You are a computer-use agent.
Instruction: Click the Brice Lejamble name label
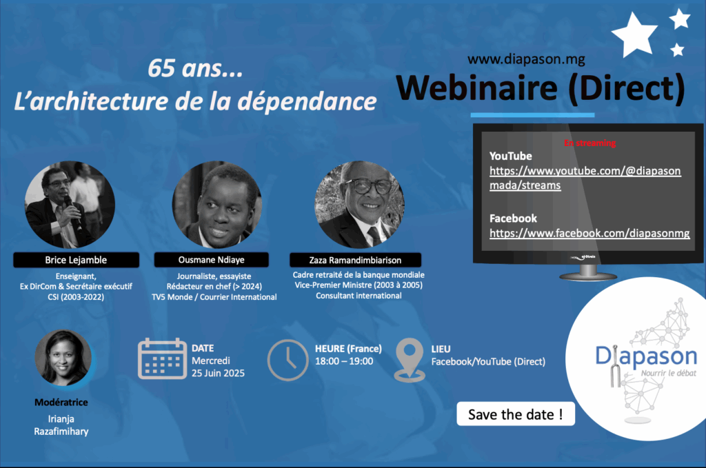click(76, 260)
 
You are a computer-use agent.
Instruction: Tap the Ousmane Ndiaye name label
click(211, 260)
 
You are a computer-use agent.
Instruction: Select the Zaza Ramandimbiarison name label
click(355, 260)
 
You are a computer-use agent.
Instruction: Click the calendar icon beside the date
click(162, 358)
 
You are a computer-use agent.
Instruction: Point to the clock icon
click(288, 360)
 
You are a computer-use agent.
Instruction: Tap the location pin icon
click(410, 360)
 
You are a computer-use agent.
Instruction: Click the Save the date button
click(516, 414)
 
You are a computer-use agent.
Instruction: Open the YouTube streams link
click(585, 179)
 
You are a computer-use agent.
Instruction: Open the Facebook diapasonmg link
click(589, 233)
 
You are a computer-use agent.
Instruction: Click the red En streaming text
click(590, 143)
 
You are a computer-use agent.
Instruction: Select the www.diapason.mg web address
click(526, 59)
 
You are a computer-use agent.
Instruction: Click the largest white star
click(634, 35)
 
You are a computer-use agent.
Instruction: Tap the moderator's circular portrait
click(63, 358)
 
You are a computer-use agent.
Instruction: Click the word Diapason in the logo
click(646, 356)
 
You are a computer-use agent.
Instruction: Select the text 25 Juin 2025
click(218, 373)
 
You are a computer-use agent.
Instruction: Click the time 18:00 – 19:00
click(344, 361)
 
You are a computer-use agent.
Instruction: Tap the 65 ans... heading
click(195, 68)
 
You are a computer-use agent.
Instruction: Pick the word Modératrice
click(61, 403)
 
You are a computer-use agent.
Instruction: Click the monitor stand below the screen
click(588, 273)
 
